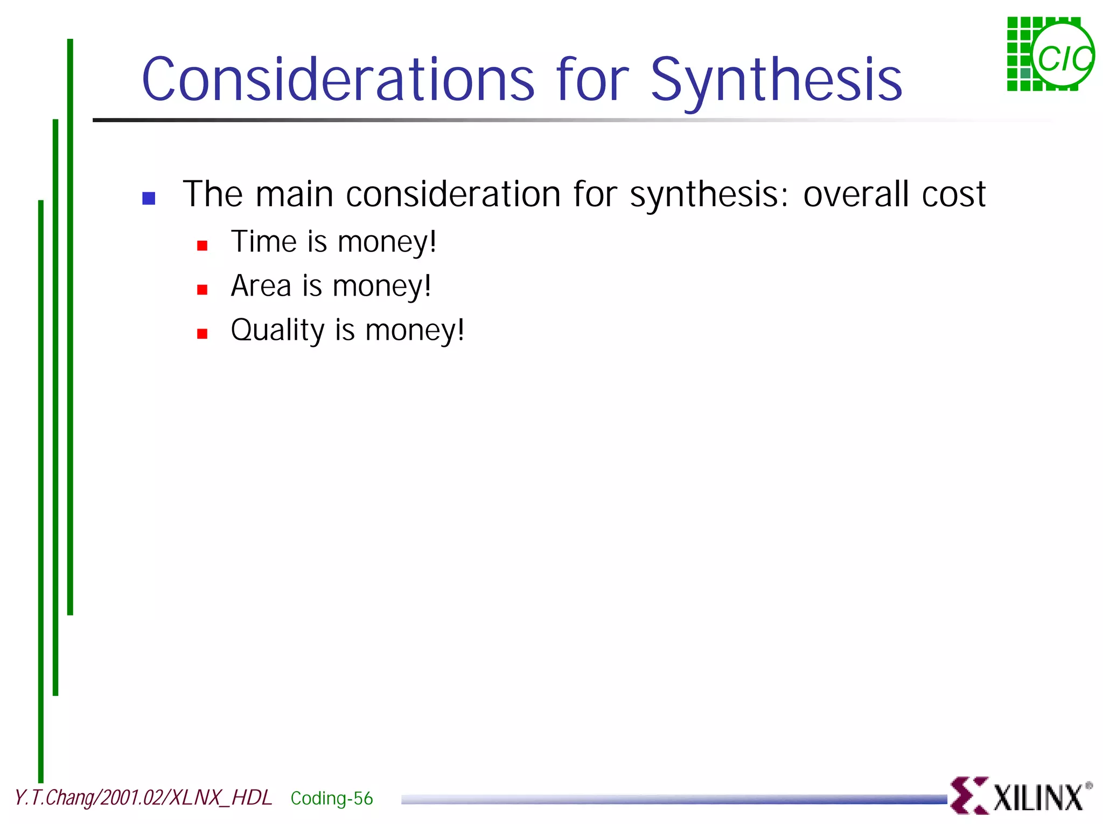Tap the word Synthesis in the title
coord(776,80)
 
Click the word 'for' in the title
coord(592,80)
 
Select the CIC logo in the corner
coord(1050,54)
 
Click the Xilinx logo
coord(1021,795)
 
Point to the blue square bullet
coord(149,198)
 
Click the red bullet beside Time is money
coord(203,246)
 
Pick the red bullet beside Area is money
coord(203,290)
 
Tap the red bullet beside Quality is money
coord(203,334)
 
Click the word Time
coord(264,241)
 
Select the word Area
coord(261,285)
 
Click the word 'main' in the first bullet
coord(294,194)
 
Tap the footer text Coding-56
coord(332,798)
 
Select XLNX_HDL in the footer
coord(221,798)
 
